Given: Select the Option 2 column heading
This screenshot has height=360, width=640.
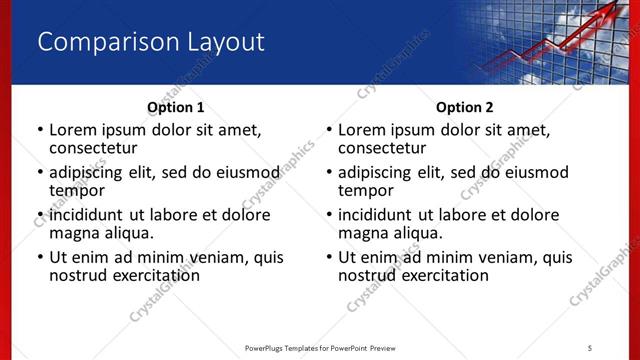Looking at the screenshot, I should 464,107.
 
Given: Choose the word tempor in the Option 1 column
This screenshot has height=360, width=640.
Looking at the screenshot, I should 76,190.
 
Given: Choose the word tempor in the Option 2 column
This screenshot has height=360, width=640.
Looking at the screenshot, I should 365,190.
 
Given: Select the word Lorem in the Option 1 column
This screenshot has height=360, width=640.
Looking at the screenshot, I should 72,130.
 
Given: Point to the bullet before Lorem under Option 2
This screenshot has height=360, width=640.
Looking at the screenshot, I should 329,130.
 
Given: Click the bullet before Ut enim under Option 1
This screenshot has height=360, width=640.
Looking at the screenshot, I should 40,257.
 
